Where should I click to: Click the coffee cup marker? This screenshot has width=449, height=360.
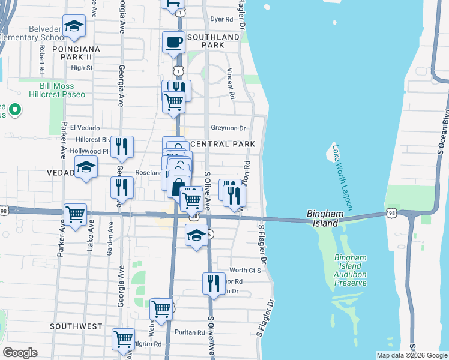coord(174,42)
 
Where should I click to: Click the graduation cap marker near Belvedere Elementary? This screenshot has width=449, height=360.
coord(74,26)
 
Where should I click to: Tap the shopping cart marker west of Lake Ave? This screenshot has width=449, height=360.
coord(75,214)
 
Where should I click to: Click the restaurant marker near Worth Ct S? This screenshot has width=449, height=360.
coord(214,282)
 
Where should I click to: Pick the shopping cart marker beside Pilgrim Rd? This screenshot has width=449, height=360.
coord(124,338)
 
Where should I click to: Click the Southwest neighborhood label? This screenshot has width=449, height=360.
coord(76,326)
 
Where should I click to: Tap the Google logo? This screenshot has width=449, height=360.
coord(20,353)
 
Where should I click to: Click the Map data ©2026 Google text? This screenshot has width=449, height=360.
coord(411,355)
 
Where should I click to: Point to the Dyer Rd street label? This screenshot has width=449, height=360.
coord(221,19)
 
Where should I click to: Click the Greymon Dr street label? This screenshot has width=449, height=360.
coord(229,128)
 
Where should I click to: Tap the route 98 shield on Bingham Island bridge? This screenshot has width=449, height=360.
coord(392,213)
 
